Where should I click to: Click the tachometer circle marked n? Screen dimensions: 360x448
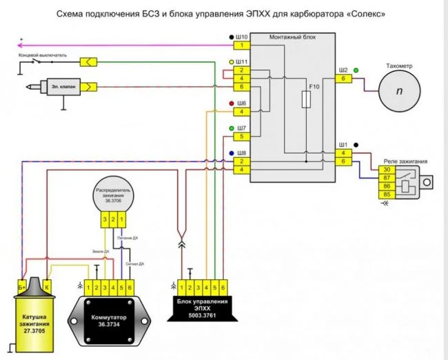pyautogui.click(x=398, y=91)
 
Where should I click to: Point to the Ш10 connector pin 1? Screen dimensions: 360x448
pyautogui.click(x=242, y=46)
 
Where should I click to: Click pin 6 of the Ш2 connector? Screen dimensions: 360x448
pyautogui.click(x=343, y=79)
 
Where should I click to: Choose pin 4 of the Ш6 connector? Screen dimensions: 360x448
pyautogui.click(x=242, y=112)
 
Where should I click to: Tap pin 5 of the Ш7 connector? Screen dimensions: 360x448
pyautogui.click(x=242, y=137)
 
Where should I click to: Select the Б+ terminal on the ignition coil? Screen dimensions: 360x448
pyautogui.click(x=21, y=284)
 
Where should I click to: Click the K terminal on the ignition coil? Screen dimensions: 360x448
pyautogui.click(x=47, y=284)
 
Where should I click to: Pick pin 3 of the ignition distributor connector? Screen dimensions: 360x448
pyautogui.click(x=105, y=219)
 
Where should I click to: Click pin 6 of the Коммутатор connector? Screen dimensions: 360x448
pyautogui.click(x=130, y=285)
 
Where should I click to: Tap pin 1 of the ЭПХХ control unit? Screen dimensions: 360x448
pyautogui.click(x=181, y=285)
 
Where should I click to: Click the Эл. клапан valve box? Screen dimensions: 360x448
pyautogui.click(x=63, y=88)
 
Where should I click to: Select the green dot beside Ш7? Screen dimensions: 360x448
pyautogui.click(x=232, y=128)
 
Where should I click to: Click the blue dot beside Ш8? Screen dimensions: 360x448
pyautogui.click(x=232, y=152)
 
